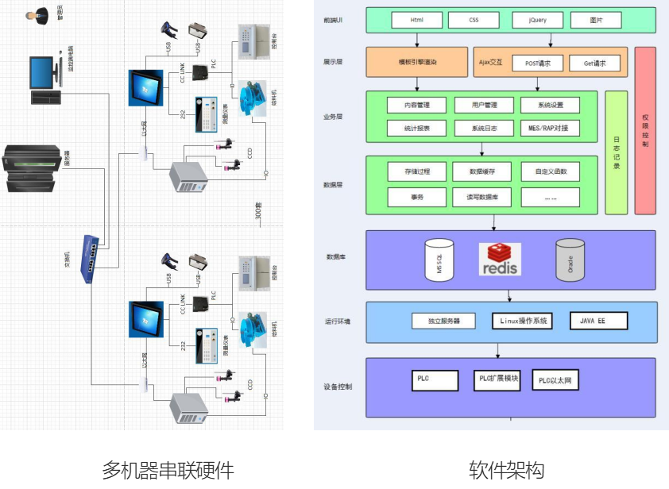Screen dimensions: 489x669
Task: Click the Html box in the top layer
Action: click(x=416, y=20)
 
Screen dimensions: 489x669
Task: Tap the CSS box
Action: click(x=474, y=20)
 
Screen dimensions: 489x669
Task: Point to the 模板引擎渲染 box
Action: click(x=417, y=62)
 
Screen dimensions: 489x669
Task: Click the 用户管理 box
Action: click(x=482, y=105)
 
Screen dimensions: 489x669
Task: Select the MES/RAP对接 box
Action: click(x=549, y=128)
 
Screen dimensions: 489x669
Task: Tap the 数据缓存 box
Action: click(x=482, y=171)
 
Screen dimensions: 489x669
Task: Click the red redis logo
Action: click(x=500, y=260)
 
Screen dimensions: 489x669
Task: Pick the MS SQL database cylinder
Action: click(x=439, y=259)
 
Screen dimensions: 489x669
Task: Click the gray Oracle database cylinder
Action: click(x=570, y=260)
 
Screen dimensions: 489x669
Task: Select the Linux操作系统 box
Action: click(x=520, y=321)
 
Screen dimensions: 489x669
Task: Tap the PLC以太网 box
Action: click(x=555, y=381)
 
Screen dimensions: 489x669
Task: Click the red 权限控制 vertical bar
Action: click(x=645, y=131)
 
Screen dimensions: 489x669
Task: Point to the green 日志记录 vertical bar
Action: click(x=616, y=152)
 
